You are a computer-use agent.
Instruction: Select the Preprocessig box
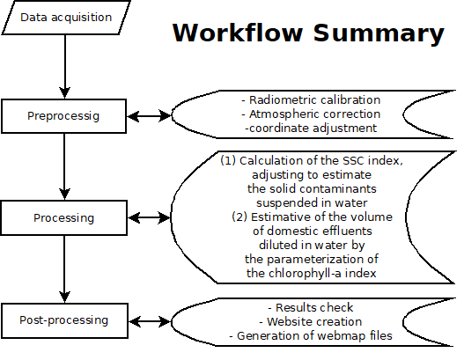pos(63,114)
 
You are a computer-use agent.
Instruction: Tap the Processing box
pos(63,217)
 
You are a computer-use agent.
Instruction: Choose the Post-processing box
pos(63,320)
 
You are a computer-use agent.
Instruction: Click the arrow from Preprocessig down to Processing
pos(63,165)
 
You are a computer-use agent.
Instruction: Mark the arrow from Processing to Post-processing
pos(63,268)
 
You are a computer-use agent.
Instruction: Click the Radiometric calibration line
pos(311,99)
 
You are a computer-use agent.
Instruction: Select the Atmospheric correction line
pos(311,114)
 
